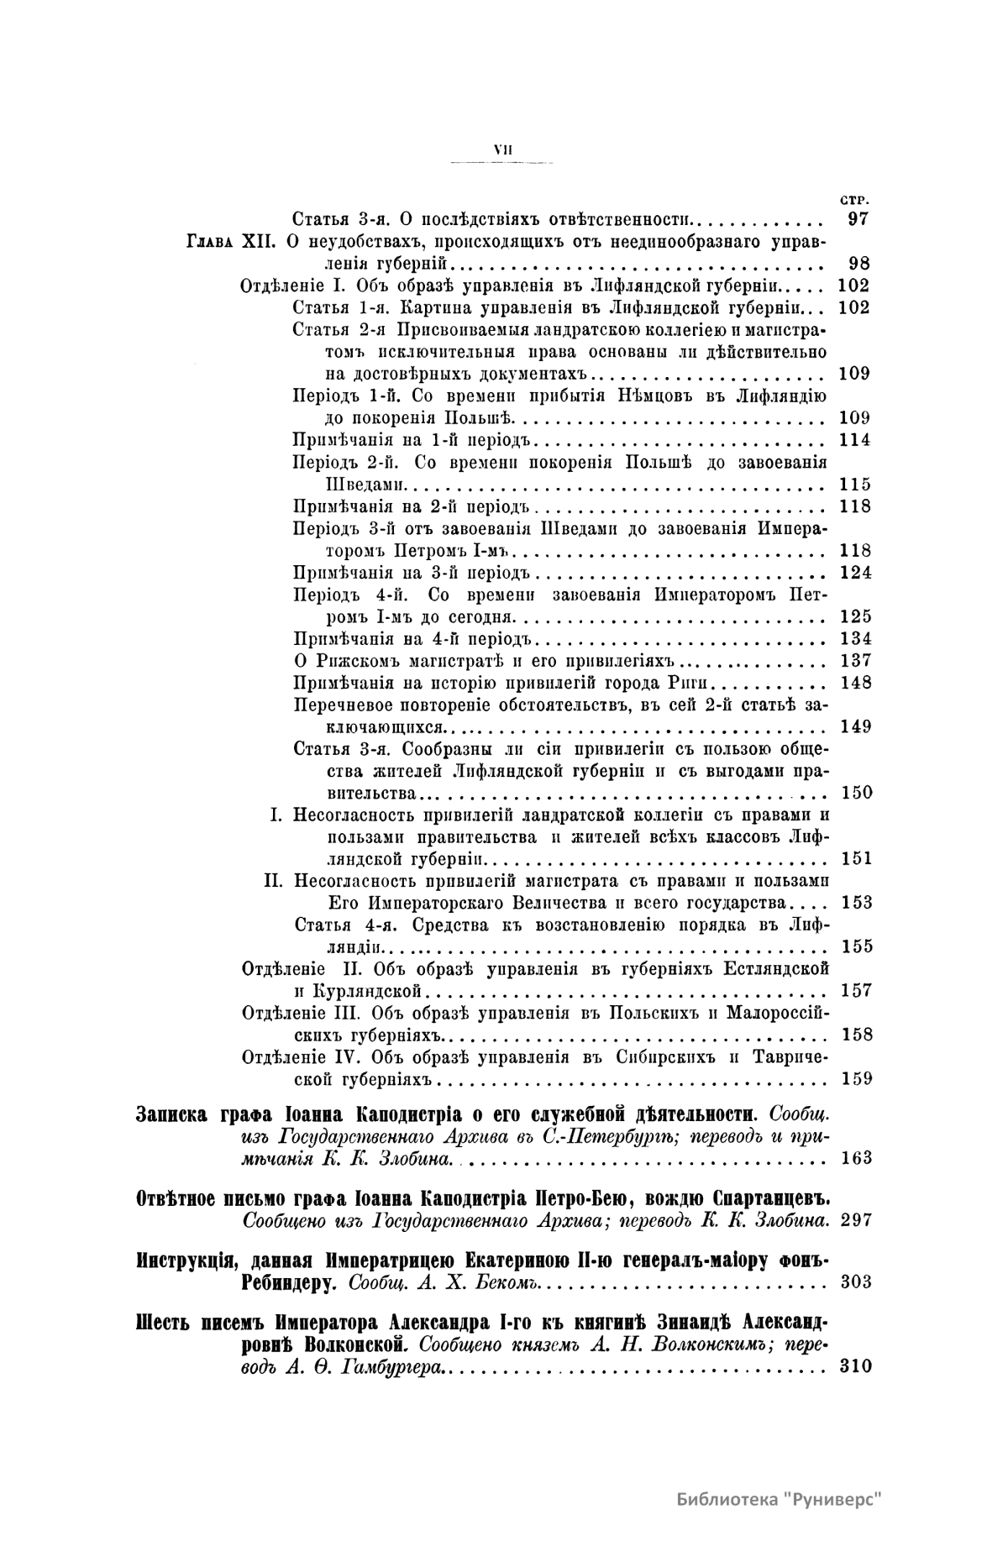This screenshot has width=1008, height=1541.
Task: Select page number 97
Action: (x=858, y=220)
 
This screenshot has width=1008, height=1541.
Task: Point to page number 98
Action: (x=858, y=264)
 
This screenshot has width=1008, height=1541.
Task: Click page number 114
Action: (x=854, y=440)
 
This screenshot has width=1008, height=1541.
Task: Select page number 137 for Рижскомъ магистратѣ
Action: (x=854, y=660)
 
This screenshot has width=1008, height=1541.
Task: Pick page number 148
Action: (x=854, y=682)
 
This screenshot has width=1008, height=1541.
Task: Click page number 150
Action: (x=854, y=793)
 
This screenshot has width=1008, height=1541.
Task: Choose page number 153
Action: (x=854, y=903)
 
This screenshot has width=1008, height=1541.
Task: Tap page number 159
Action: (x=854, y=1078)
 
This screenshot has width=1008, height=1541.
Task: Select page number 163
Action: (x=854, y=1159)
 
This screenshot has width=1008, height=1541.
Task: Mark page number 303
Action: (x=854, y=1282)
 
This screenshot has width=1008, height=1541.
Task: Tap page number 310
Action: (x=854, y=1366)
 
